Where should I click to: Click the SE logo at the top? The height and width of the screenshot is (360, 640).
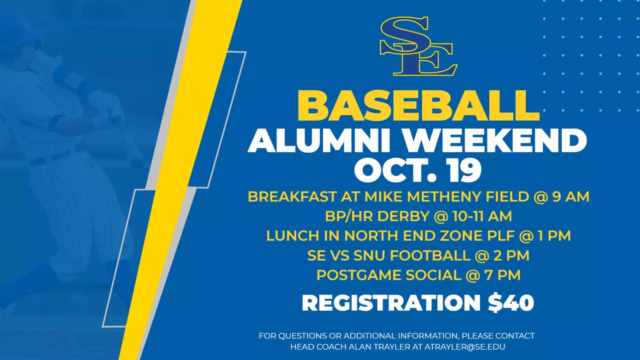click(418, 46)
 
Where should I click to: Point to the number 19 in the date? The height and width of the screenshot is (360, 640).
click(463, 170)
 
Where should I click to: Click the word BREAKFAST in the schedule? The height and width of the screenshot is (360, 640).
click(292, 196)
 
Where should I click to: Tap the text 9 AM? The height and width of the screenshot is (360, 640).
click(570, 196)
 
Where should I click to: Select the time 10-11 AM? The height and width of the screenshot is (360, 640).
click(482, 216)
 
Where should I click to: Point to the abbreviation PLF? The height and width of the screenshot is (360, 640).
click(500, 236)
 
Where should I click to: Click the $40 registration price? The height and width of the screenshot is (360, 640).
click(511, 303)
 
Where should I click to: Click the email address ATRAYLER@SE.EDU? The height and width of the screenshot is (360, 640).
click(465, 347)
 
